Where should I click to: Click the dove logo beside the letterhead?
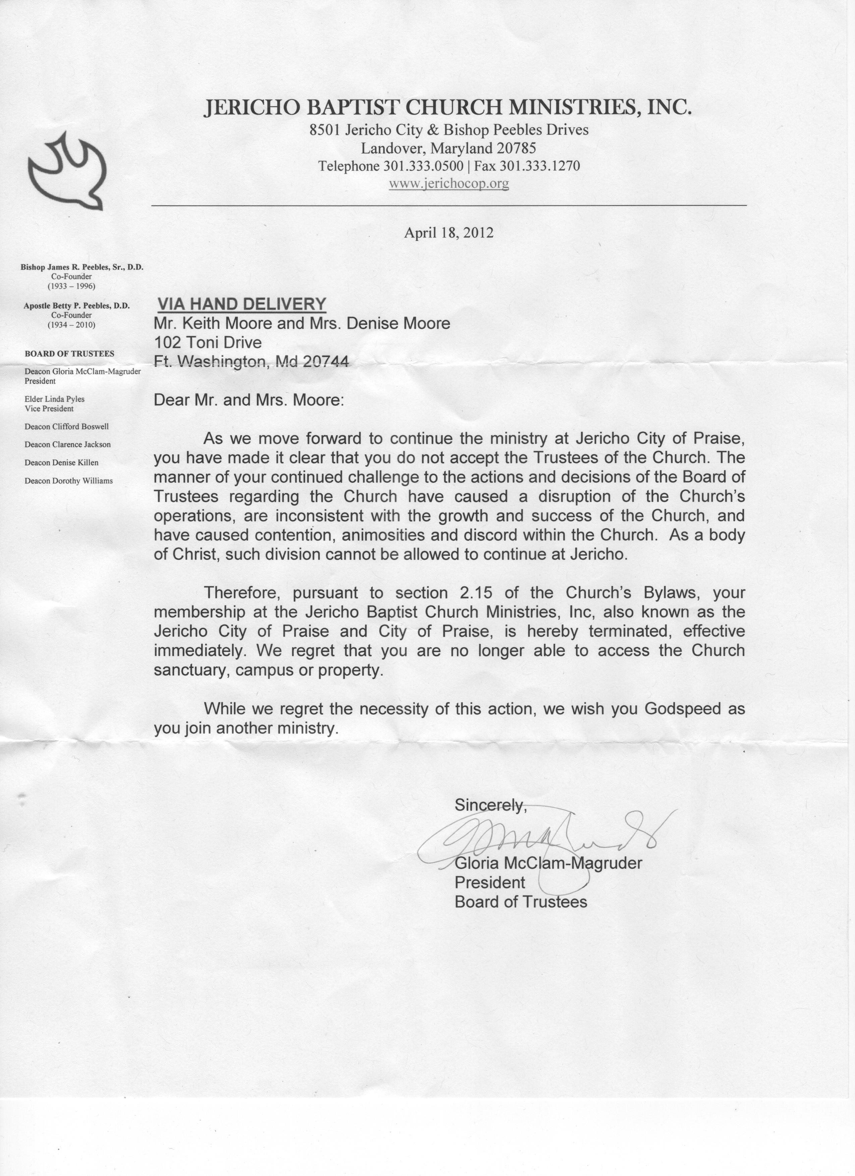pyautogui.click(x=66, y=172)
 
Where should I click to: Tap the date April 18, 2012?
pyautogui.click(x=449, y=232)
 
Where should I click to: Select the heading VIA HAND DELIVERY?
pyautogui.click(x=242, y=304)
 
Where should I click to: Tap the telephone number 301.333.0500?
pyautogui.click(x=423, y=166)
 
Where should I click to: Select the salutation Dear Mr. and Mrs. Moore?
pyautogui.click(x=248, y=400)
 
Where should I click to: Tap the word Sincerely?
pyautogui.click(x=490, y=805)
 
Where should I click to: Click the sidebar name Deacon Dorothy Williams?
pyautogui.click(x=68, y=481)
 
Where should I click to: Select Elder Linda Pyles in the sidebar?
pyautogui.click(x=54, y=399)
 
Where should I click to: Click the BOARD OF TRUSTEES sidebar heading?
pyautogui.click(x=69, y=353)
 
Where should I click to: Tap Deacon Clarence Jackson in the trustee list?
pyautogui.click(x=67, y=444)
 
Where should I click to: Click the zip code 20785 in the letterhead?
pyautogui.click(x=516, y=149)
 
